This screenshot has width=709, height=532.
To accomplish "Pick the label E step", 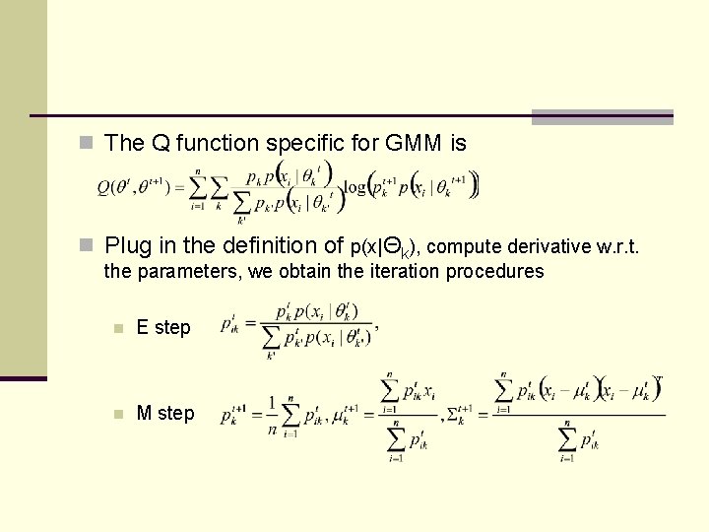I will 163,328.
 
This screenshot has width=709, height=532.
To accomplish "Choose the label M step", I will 165,414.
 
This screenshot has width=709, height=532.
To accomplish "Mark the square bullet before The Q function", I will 87,144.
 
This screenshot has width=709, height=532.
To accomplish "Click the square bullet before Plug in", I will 87,244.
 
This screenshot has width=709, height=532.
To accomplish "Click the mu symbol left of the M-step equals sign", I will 347,415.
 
